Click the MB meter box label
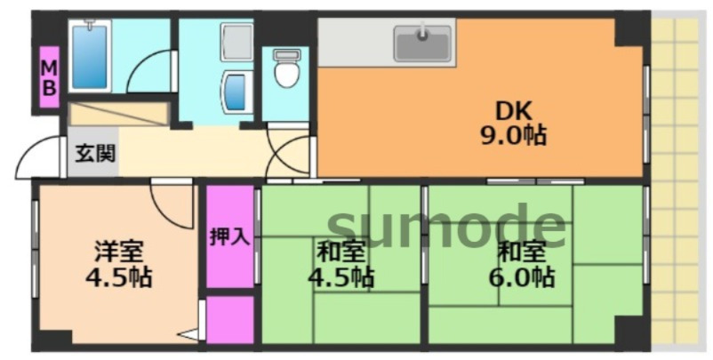click(x=50, y=77)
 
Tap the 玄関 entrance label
click(x=94, y=153)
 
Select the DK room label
click(x=513, y=112)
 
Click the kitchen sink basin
click(x=422, y=43)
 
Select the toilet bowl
click(x=286, y=71)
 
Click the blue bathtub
click(x=90, y=55)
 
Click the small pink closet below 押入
click(x=230, y=320)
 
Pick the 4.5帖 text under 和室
click(x=340, y=277)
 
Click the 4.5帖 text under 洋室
click(x=118, y=277)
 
